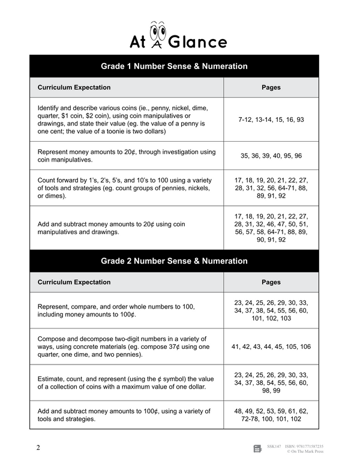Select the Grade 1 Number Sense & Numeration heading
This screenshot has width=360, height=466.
(174, 66)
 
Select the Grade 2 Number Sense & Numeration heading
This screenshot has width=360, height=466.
(174, 261)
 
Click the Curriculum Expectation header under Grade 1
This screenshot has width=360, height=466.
(74, 87)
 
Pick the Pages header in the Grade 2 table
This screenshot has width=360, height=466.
(271, 282)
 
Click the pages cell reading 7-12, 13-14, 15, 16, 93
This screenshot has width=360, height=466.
(271, 120)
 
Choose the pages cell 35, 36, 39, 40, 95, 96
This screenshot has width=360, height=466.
(271, 156)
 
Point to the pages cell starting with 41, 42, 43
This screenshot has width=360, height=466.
(271, 346)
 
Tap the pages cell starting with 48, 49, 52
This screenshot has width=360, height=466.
(271, 415)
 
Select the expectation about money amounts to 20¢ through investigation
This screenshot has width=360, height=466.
(126, 156)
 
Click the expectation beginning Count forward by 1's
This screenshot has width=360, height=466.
(126, 187)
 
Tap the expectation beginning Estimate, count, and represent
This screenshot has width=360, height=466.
(126, 381)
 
